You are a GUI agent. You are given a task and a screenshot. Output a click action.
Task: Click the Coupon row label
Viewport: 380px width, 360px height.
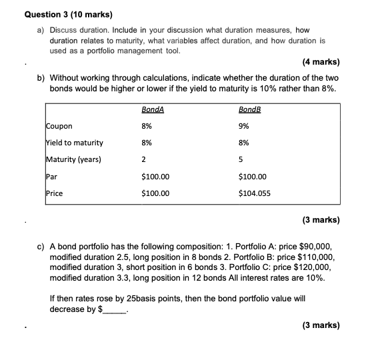59,125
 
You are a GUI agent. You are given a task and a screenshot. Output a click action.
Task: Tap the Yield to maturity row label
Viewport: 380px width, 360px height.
74,142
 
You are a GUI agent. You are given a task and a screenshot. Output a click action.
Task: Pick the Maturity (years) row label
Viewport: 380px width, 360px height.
73,159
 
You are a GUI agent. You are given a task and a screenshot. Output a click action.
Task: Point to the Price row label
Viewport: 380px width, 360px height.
54,193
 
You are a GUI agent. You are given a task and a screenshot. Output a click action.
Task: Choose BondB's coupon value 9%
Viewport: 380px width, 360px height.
244,125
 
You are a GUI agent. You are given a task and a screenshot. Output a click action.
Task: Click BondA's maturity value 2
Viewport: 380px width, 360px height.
144,159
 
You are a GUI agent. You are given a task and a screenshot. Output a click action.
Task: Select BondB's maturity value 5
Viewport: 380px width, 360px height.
241,159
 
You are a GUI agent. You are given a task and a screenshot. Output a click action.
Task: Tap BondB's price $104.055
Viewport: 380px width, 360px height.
254,193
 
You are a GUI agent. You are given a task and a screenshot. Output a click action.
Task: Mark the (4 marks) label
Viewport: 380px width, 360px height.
321,63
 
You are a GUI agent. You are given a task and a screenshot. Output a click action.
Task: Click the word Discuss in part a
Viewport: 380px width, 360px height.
64,31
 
